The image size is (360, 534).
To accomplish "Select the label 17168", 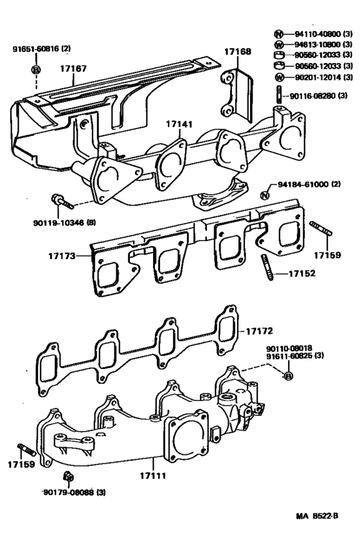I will pyautogui.click(x=237, y=51).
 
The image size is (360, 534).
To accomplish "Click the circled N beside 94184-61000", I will pyautogui.click(x=264, y=195).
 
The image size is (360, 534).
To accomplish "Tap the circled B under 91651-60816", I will pyautogui.click(x=37, y=69).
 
